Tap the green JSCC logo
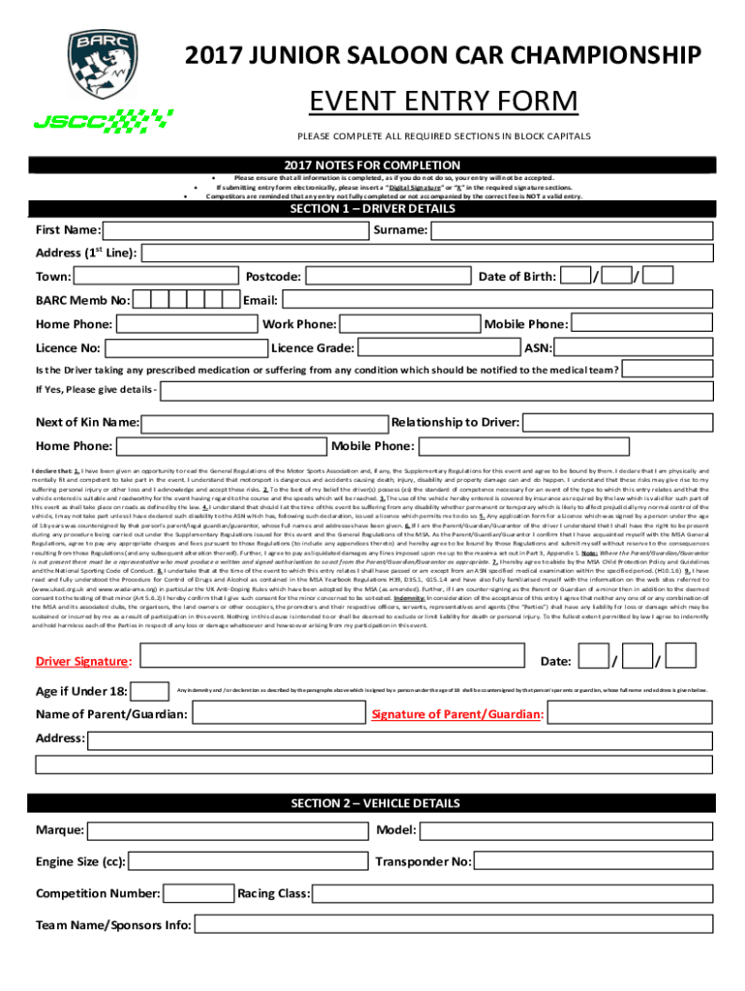coord(104,120)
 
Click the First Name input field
coord(235,231)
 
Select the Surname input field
coord(573,231)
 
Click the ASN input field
coord(637,347)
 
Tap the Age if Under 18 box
coord(150,691)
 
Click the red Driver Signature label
coord(82,662)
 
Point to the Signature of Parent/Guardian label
coord(457,715)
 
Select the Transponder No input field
coord(592,861)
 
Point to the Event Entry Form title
coord(443,102)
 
